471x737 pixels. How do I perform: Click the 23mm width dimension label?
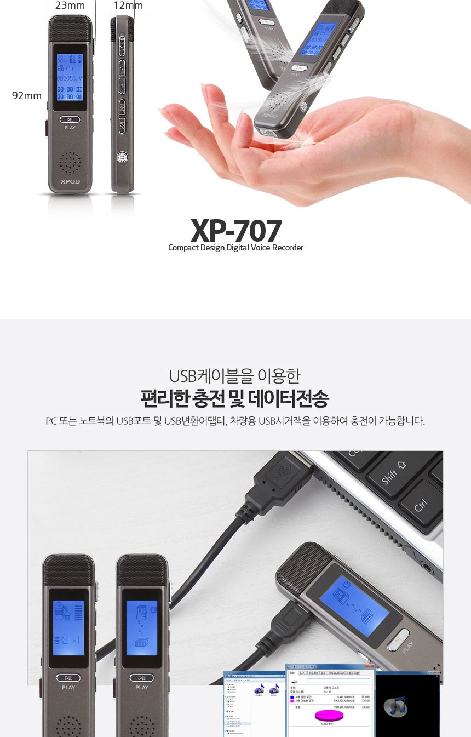70,5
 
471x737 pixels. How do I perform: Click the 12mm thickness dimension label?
128,5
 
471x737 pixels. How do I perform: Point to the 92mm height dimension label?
27,96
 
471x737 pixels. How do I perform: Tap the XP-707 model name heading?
236,231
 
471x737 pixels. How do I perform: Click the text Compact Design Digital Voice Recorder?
235,248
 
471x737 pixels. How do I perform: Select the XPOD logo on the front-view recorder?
70,181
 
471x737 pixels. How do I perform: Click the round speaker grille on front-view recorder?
70,162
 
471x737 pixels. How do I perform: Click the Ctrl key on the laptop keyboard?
421,504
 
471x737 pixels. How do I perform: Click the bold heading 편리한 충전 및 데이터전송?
235,398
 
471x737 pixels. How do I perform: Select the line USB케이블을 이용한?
235,376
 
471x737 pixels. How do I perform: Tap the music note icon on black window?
395,706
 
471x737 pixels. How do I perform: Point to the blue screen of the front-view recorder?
70,77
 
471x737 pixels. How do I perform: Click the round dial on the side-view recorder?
122,158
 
